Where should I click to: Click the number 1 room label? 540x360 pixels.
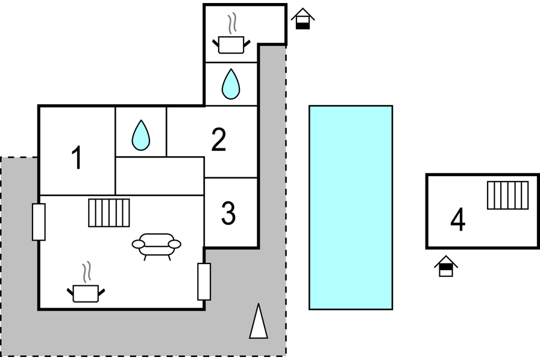click(76, 159)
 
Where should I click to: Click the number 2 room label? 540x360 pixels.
click(219, 140)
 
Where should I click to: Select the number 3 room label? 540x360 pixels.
click(228, 213)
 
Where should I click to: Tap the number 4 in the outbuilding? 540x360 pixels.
click(458, 220)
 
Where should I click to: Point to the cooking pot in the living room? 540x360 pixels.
click(86, 292)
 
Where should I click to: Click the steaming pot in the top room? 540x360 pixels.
click(231, 44)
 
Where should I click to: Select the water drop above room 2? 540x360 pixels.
click(231, 84)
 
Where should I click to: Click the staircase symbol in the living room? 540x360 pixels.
click(109, 213)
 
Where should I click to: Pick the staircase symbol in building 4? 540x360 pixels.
click(507, 195)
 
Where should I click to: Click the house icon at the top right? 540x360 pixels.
click(303, 18)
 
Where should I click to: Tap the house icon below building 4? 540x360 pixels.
click(446, 266)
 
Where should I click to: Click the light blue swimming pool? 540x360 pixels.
click(351, 207)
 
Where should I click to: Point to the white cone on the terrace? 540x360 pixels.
click(258, 321)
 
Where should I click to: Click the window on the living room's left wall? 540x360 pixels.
click(39, 222)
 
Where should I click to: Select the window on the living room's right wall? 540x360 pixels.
click(204, 282)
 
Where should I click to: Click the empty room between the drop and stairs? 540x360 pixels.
click(159, 175)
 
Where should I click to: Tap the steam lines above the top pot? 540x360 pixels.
click(231, 24)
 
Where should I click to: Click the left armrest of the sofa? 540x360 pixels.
click(138, 244)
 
